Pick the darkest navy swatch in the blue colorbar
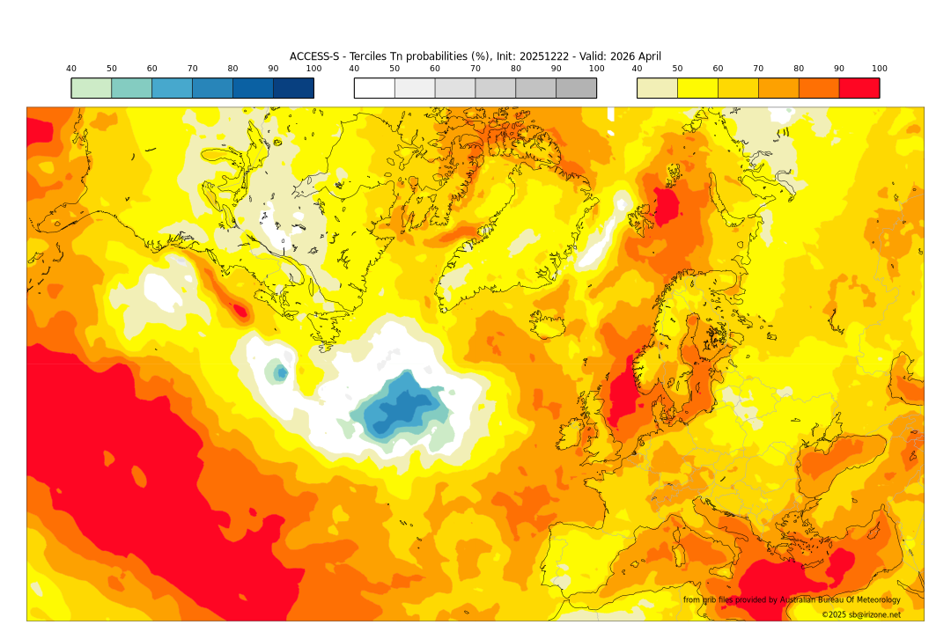(293, 88)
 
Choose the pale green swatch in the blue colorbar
(92, 88)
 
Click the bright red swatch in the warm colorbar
(859, 88)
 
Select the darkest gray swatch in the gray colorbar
(576, 88)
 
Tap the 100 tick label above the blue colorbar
(313, 69)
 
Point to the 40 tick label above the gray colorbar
(354, 69)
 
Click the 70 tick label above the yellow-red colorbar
(758, 69)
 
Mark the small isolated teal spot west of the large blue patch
(280, 372)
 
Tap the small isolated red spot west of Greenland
(239, 310)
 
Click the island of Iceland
(547, 327)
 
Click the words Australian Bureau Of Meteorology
(840, 600)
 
